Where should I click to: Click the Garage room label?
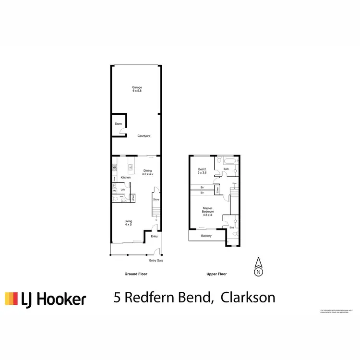pos(137,89)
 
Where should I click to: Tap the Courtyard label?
pos(144,136)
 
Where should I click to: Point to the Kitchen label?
pos(126,178)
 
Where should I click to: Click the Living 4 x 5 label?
pos(128,222)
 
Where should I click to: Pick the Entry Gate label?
pos(156,260)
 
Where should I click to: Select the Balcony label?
pos(206,236)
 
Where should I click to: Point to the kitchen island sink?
pos(130,168)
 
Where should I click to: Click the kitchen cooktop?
pos(114,168)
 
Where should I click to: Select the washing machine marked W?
pos(114,191)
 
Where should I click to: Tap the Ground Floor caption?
pos(136,274)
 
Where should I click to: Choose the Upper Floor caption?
pos(216,274)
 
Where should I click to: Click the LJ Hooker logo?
pos(46,299)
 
